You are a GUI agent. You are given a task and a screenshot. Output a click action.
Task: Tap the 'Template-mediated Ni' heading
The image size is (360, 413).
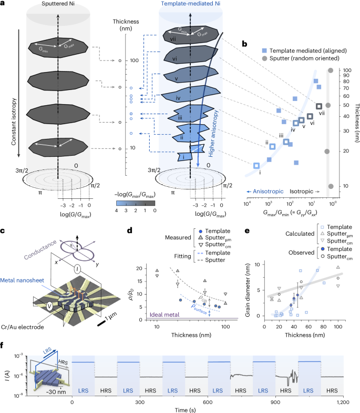[x=190, y=5]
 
